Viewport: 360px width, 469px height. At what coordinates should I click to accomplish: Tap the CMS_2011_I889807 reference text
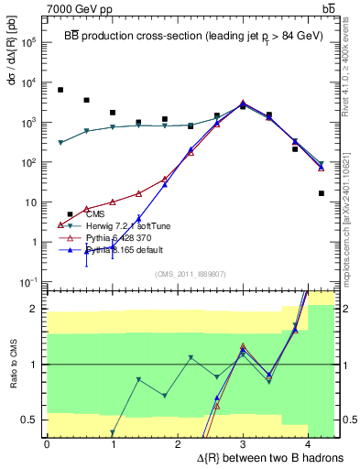[189, 273]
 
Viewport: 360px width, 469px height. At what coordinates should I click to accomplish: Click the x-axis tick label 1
[112, 443]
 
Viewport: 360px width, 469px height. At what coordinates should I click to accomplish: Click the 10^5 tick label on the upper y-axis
[28, 42]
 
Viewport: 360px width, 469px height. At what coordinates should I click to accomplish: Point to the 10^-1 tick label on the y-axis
[28, 282]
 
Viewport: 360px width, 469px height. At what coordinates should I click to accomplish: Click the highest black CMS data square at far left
[60, 90]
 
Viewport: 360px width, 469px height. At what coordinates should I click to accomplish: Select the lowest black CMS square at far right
[322, 193]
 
